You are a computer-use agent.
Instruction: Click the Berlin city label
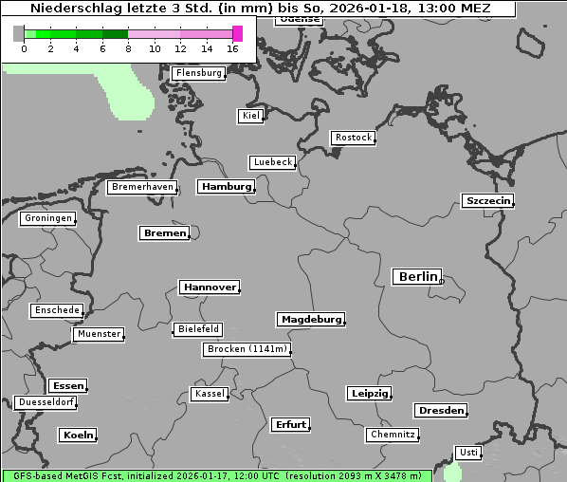[x=417, y=277]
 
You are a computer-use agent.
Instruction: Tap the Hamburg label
[x=227, y=187]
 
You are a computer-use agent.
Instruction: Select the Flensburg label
[x=199, y=73]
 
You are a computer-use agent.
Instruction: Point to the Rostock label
[x=353, y=138]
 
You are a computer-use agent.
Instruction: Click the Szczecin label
[x=487, y=200]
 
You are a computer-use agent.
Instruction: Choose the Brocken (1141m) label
[x=246, y=349]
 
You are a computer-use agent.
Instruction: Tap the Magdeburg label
[x=310, y=320]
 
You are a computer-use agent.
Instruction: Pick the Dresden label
[x=440, y=411]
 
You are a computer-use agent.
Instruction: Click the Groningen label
[x=47, y=218]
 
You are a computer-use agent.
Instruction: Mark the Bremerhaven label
[x=142, y=187]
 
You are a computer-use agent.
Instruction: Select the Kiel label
[x=250, y=116]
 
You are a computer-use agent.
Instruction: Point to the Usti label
[x=467, y=453]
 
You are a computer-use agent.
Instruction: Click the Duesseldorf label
[x=46, y=402]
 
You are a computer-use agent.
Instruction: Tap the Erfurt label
[x=290, y=424]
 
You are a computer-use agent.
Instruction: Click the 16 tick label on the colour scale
[x=233, y=48]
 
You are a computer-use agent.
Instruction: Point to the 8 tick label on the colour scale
[x=129, y=48]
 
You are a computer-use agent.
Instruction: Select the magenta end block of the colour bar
[x=237, y=33]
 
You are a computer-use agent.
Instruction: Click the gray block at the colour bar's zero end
[x=19, y=33]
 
